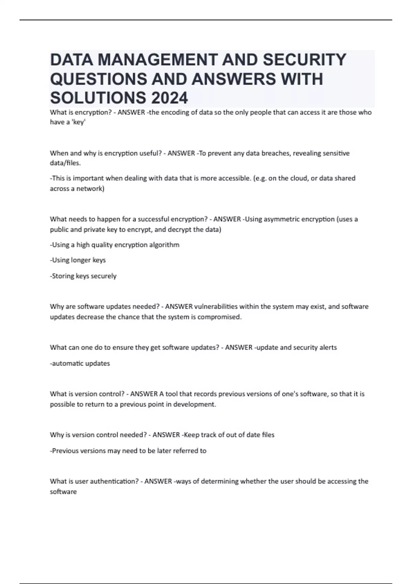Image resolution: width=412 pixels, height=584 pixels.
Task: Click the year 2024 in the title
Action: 169,98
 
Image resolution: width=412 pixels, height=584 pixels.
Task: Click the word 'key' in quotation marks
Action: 79,122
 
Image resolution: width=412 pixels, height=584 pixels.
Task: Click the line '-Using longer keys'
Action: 78,260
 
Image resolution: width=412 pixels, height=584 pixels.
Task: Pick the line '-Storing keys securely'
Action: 83,276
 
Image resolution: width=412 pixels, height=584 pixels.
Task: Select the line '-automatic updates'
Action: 80,363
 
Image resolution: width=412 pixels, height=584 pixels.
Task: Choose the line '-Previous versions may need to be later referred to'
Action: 128,451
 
